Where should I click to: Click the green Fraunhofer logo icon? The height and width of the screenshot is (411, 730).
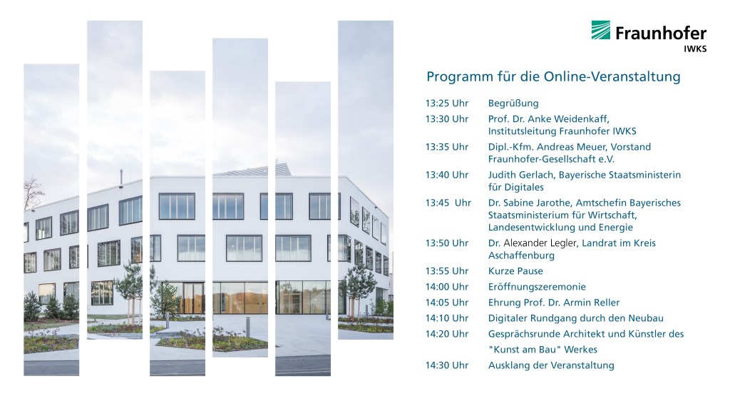[x=600, y=30]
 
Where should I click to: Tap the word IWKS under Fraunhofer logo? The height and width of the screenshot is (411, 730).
[x=695, y=49]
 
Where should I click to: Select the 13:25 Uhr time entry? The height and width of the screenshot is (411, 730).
[x=447, y=103]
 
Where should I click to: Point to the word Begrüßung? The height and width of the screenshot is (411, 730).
[x=513, y=103]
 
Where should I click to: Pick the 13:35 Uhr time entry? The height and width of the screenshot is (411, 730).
[x=447, y=147]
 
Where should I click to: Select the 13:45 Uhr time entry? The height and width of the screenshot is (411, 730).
[x=448, y=203]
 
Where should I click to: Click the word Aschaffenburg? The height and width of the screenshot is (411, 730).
[x=521, y=255]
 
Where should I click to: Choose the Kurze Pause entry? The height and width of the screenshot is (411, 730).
[x=515, y=270]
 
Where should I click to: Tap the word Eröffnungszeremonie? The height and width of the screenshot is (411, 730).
[x=537, y=287]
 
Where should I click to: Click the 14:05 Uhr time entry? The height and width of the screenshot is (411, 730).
[x=447, y=303]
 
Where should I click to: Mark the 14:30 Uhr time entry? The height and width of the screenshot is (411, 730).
[x=447, y=365]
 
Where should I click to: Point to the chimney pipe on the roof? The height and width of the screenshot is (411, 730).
[x=121, y=178]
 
